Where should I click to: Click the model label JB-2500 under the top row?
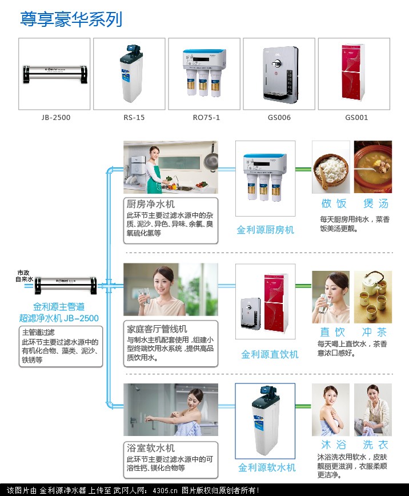coord(55,118)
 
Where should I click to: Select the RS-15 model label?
coord(134,118)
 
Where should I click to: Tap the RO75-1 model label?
coord(206,118)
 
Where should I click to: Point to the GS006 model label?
coord(280,118)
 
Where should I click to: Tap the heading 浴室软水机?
coord(151,449)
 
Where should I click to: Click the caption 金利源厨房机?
coord(266,230)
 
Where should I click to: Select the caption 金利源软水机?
coord(267,467)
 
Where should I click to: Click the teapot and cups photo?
coord(373,296)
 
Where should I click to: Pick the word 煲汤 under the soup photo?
coord(375,203)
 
